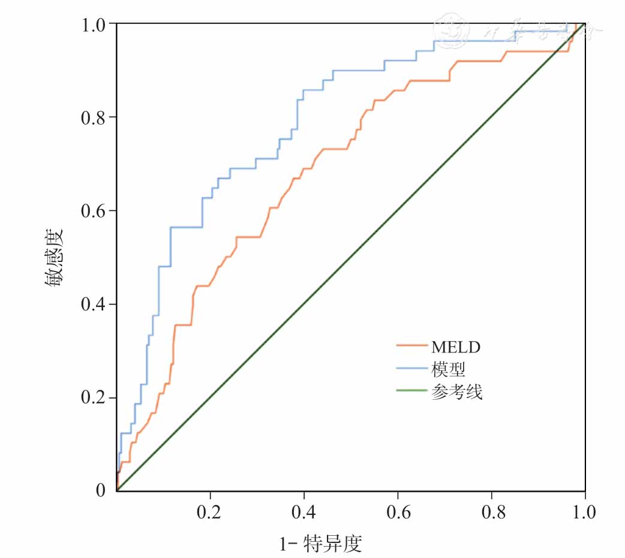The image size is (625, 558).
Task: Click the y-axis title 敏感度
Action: pyautogui.click(x=54, y=257)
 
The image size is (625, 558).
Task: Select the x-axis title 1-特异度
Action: pyautogui.click(x=321, y=544)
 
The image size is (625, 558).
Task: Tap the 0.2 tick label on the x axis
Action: pyautogui.click(x=211, y=513)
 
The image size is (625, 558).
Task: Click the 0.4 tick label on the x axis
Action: pyautogui.click(x=304, y=513)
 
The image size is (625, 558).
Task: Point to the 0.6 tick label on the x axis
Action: pyautogui.click(x=398, y=513)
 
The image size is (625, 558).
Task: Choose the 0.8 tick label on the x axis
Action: pyautogui.click(x=491, y=513)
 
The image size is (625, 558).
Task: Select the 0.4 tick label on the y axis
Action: pyautogui.click(x=93, y=304)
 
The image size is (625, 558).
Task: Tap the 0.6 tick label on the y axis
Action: pyautogui.click(x=93, y=211)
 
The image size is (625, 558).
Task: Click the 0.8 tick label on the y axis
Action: pyautogui.click(x=93, y=117)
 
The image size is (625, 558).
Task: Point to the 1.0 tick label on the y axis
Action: pyautogui.click(x=93, y=25)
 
